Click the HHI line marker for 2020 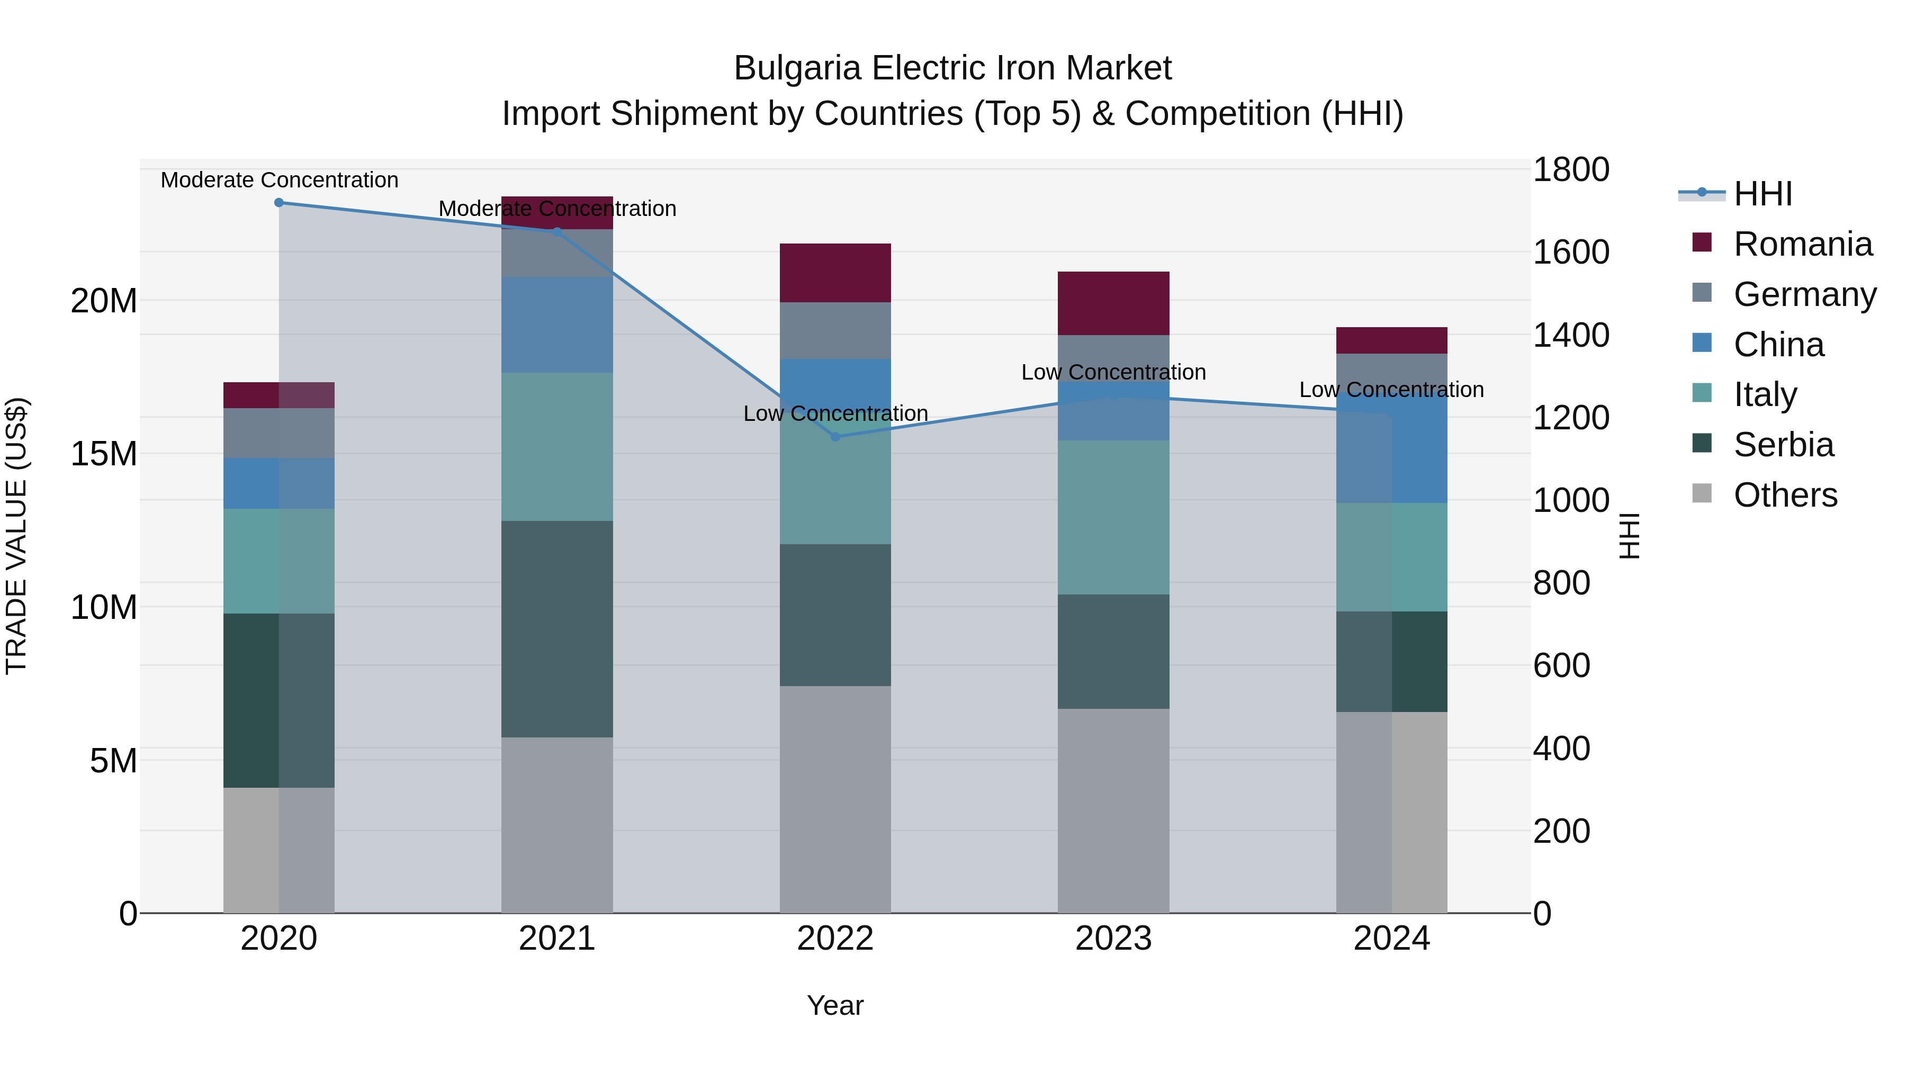tap(279, 203)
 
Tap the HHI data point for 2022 tap(835, 437)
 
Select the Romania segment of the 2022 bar tap(835, 273)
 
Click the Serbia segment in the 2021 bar tap(557, 629)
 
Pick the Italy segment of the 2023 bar tap(1113, 517)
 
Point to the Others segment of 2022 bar tap(835, 799)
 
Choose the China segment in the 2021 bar tap(557, 325)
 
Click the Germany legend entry tap(1804, 294)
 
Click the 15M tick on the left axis tap(104, 454)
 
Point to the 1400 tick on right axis tap(1570, 335)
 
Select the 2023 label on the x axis tap(1113, 939)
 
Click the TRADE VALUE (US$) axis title tap(16, 536)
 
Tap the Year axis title tap(835, 1005)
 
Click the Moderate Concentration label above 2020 tap(279, 180)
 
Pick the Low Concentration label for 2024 tap(1391, 390)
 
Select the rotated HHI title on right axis tap(1629, 536)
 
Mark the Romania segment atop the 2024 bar tap(1391, 340)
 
